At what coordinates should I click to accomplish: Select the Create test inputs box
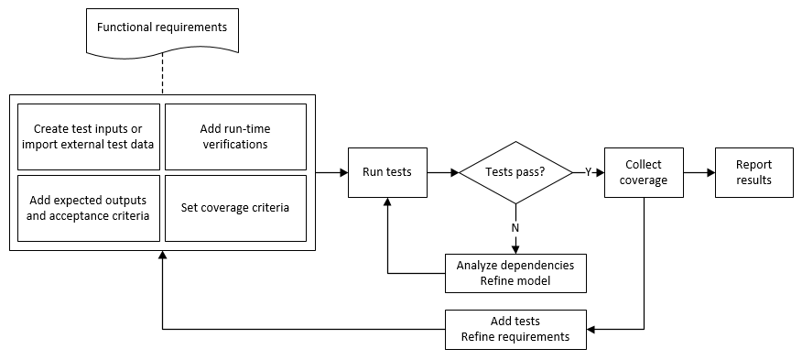pyautogui.click(x=89, y=136)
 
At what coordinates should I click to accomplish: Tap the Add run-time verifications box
pyautogui.click(x=235, y=136)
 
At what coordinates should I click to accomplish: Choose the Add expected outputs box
pyautogui.click(x=89, y=208)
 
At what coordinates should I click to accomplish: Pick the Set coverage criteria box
pyautogui.click(x=235, y=208)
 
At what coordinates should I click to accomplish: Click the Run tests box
pyautogui.click(x=387, y=171)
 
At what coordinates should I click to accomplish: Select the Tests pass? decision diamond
pyautogui.click(x=516, y=171)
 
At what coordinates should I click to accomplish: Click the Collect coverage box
pyautogui.click(x=644, y=171)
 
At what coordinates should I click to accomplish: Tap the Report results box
pyautogui.click(x=753, y=171)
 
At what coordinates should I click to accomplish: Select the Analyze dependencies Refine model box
pyautogui.click(x=515, y=273)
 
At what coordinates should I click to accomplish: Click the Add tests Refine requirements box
pyautogui.click(x=515, y=329)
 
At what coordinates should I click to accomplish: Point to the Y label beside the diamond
pyautogui.click(x=588, y=171)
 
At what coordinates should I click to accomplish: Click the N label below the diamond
pyautogui.click(x=515, y=227)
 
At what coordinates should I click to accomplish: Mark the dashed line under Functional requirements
pyautogui.click(x=162, y=73)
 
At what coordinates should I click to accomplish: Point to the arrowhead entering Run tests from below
pyautogui.click(x=387, y=203)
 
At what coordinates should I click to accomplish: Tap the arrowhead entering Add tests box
pyautogui.click(x=591, y=329)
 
